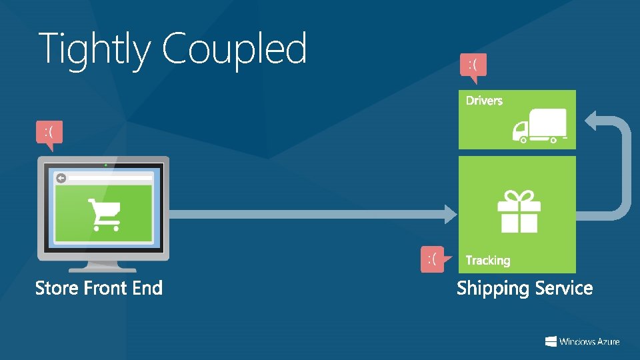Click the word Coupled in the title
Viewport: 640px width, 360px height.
point(234,49)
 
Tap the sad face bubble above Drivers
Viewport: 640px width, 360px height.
point(473,65)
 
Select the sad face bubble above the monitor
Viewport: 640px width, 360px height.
point(49,132)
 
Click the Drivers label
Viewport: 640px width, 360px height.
point(484,101)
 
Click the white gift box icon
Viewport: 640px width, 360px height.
point(519,211)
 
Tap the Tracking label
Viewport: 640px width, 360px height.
point(487,261)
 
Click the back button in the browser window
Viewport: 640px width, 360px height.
point(61,178)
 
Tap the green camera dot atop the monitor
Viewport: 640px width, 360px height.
point(105,164)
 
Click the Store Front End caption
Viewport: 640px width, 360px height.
point(99,288)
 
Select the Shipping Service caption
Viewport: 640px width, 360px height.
point(525,289)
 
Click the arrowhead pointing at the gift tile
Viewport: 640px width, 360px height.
point(449,213)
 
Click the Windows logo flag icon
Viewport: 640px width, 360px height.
point(551,341)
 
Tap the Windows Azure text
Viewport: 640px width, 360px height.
point(589,342)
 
